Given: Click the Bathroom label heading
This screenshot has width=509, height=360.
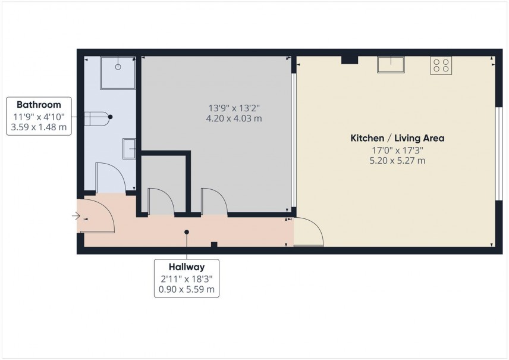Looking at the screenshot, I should pyautogui.click(x=39, y=104).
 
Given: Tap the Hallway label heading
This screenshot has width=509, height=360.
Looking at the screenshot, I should pyautogui.click(x=186, y=267).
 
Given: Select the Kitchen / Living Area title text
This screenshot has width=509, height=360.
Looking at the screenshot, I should pyautogui.click(x=397, y=138).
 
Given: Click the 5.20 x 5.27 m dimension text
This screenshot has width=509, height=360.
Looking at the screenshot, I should pyautogui.click(x=397, y=160).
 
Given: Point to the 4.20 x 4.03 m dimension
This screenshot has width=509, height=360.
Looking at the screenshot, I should pyautogui.click(x=234, y=118).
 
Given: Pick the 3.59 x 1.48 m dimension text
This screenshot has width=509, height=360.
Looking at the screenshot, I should pyautogui.click(x=39, y=127).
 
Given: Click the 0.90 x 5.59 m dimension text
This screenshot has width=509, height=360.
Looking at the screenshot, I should pyautogui.click(x=186, y=290).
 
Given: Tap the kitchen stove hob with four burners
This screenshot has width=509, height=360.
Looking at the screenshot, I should pyautogui.click(x=441, y=65).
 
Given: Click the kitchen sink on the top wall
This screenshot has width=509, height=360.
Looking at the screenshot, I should pyautogui.click(x=391, y=64).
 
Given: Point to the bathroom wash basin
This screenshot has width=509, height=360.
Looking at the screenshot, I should pyautogui.click(x=130, y=148).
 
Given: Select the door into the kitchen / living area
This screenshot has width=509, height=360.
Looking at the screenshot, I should pyautogui.click(x=308, y=232).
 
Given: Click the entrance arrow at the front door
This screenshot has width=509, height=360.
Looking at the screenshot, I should pyautogui.click(x=76, y=215).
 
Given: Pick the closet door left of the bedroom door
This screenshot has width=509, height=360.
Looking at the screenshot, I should pyautogui.click(x=160, y=202).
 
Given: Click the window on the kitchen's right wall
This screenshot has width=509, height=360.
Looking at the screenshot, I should pyautogui.click(x=499, y=154).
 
